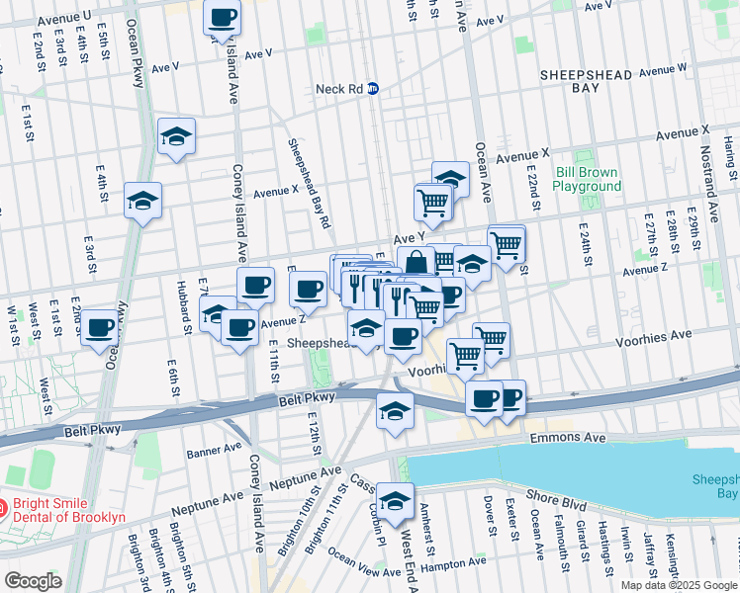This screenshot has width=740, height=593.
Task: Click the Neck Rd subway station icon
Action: click(x=373, y=88)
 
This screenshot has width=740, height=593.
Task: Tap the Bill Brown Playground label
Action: click(x=586, y=179)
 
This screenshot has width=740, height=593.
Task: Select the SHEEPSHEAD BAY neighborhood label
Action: click(x=582, y=80)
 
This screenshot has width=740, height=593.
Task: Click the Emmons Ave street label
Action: click(x=566, y=436)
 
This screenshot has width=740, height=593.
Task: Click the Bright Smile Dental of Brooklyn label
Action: click(x=69, y=510)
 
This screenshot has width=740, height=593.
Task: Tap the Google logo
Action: click(x=33, y=581)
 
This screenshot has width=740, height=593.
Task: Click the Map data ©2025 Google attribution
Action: click(x=679, y=585)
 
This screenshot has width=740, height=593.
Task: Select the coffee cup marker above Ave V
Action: click(x=222, y=17)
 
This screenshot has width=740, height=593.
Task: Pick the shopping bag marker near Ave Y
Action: click(x=416, y=264)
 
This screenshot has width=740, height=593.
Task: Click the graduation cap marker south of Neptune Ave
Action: click(x=395, y=501)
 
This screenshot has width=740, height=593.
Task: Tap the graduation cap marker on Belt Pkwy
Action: click(x=395, y=410)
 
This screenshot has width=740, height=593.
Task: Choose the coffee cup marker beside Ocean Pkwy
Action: click(x=99, y=328)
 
